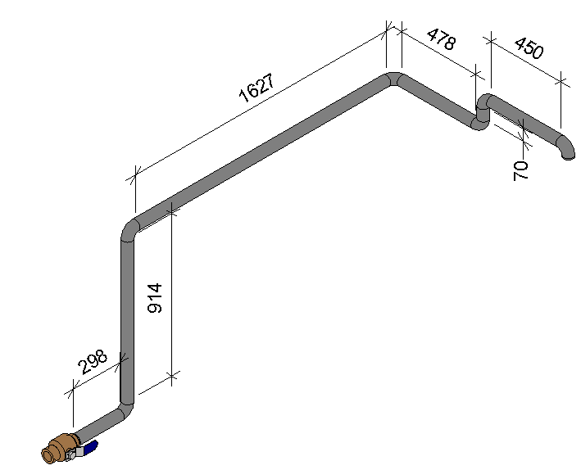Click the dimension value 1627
(x=256, y=92)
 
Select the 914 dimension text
(x=155, y=298)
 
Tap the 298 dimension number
(x=91, y=363)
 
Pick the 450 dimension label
(x=529, y=48)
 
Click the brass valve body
(x=59, y=449)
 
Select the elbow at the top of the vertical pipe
(x=129, y=227)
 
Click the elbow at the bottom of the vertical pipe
(x=125, y=407)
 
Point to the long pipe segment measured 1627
(x=262, y=151)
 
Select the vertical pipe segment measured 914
(x=127, y=319)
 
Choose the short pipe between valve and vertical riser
(x=100, y=423)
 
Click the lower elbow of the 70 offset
(x=479, y=123)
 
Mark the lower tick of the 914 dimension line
(x=171, y=377)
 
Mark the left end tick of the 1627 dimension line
(x=135, y=174)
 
